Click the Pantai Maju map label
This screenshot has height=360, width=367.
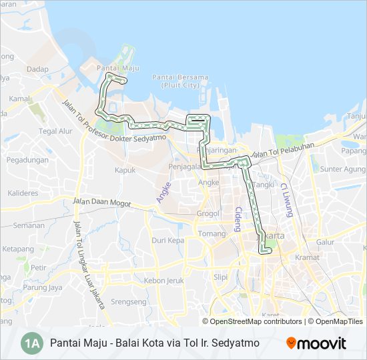coord(117,68)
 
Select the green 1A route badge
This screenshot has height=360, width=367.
coord(31,343)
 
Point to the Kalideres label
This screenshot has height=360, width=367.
coord(23,193)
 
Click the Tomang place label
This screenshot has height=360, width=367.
coord(211,234)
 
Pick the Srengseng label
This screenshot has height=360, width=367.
coord(129,301)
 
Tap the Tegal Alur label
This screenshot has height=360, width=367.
coord(55,131)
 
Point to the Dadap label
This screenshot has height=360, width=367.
coord(38,69)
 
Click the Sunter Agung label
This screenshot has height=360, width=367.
coord(341,169)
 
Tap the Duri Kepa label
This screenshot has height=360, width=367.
coord(167,240)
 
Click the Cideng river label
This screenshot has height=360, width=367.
coord(238,219)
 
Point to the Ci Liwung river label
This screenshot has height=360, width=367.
coord(287,199)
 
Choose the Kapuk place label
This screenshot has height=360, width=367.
coord(125,170)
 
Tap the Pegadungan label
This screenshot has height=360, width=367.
coord(28,160)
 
